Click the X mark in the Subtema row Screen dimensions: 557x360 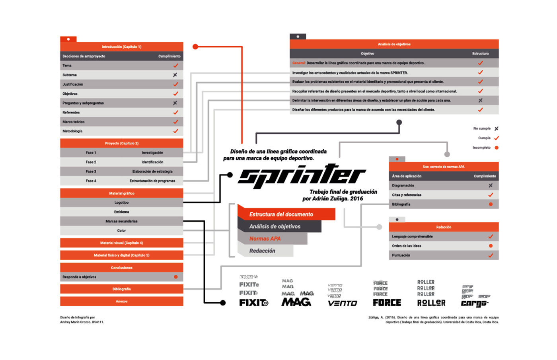(175, 75)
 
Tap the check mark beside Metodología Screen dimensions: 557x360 (175, 131)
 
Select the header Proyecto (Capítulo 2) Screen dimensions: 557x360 (122, 143)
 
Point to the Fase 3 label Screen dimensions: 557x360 (91, 171)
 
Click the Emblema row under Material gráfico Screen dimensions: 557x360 (121, 212)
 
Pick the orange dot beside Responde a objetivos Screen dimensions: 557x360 (175, 277)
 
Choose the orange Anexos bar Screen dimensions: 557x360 (122, 301)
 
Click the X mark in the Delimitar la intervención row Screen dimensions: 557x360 (480, 101)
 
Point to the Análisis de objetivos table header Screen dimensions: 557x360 (394, 44)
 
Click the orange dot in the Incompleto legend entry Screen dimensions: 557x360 (497, 148)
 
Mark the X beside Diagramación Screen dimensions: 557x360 (491, 185)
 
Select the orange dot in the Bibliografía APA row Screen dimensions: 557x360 (491, 204)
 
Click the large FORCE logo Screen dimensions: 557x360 (387, 303)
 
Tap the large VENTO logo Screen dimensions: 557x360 (343, 303)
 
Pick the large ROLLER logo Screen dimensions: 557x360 (431, 303)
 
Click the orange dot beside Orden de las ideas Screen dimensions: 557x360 (491, 246)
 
